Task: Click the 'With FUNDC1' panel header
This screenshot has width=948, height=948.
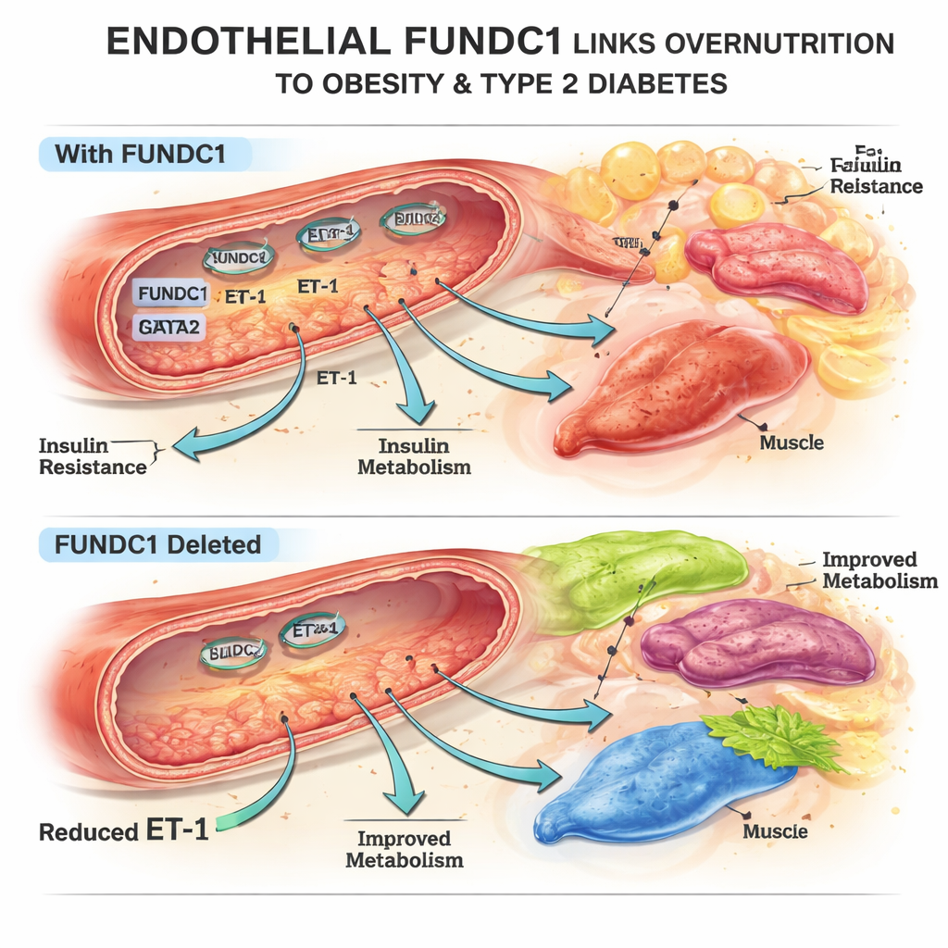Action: [140, 154]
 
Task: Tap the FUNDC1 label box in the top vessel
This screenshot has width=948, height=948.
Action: [170, 294]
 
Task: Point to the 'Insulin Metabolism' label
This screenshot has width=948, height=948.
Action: [414, 456]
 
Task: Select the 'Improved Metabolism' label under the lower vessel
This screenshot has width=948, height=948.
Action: [404, 849]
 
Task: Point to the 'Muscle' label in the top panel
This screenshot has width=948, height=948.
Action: [792, 443]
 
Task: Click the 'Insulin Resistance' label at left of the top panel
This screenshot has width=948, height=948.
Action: [93, 456]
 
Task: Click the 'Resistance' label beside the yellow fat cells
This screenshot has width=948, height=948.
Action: [876, 186]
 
